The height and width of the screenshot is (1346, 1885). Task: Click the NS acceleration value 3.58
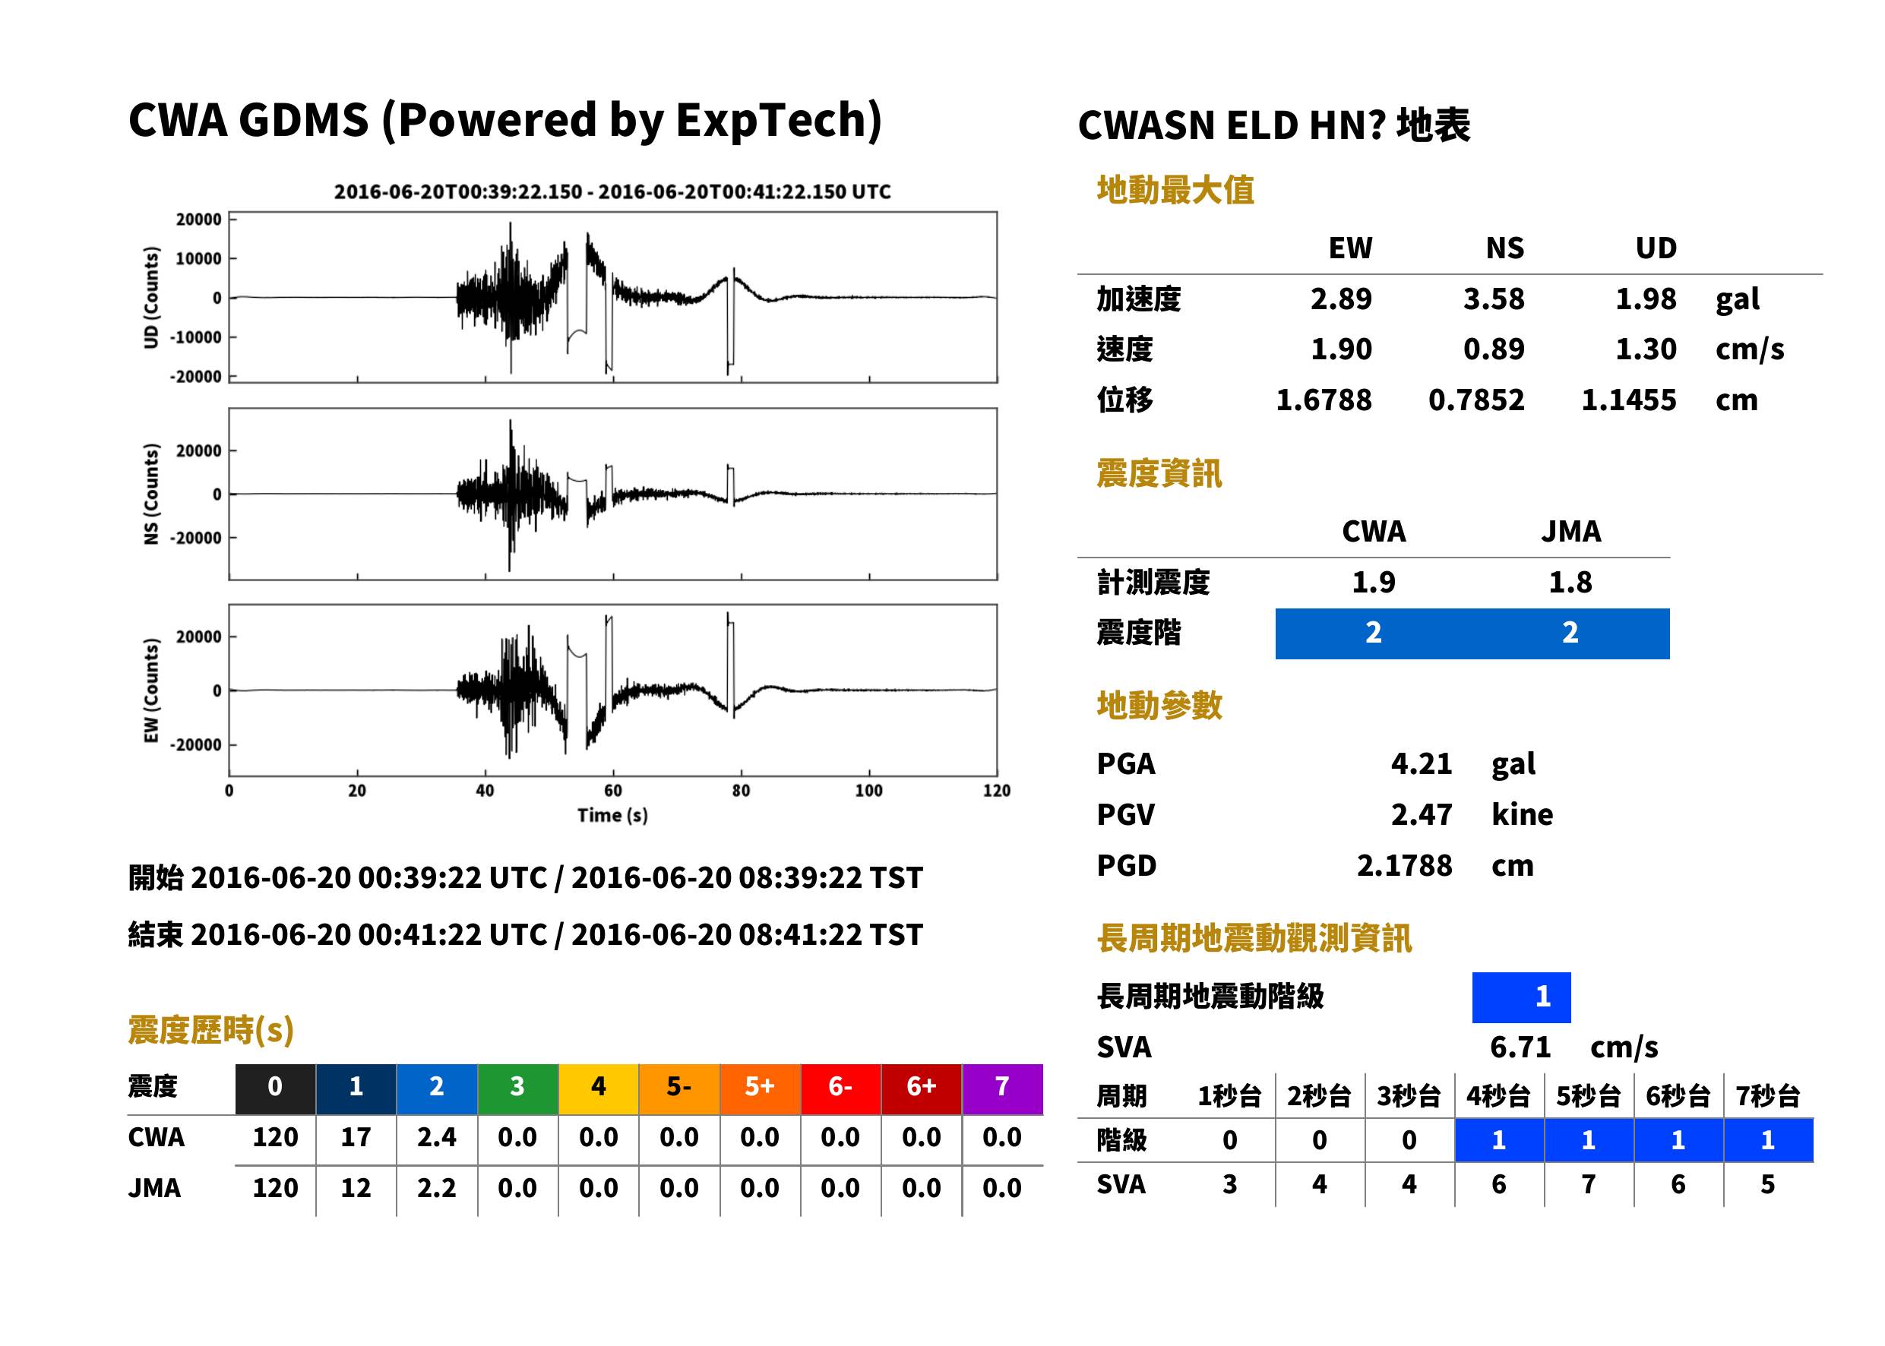point(1493,299)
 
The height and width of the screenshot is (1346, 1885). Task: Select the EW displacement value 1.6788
point(1324,400)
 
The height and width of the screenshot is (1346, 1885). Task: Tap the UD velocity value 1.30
point(1646,349)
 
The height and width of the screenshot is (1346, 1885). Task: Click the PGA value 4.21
point(1422,763)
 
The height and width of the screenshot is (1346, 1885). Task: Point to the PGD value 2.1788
point(1404,865)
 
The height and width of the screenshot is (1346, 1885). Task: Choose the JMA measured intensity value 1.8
point(1570,583)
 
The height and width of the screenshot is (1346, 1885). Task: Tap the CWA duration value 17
point(356,1137)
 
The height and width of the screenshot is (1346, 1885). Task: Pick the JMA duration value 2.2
point(437,1188)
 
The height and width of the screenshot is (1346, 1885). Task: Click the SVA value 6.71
point(1520,1047)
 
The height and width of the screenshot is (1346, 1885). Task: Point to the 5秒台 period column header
point(1588,1095)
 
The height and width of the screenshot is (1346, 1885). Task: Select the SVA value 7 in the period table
point(1588,1184)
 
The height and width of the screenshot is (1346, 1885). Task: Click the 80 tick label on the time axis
point(741,791)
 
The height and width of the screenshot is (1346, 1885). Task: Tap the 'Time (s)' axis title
point(612,816)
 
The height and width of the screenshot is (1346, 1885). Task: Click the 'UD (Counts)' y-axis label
point(151,298)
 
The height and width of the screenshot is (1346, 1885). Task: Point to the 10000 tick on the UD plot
point(198,258)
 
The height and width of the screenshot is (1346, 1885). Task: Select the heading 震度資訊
point(1159,473)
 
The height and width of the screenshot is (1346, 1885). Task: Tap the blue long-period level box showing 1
point(1521,997)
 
